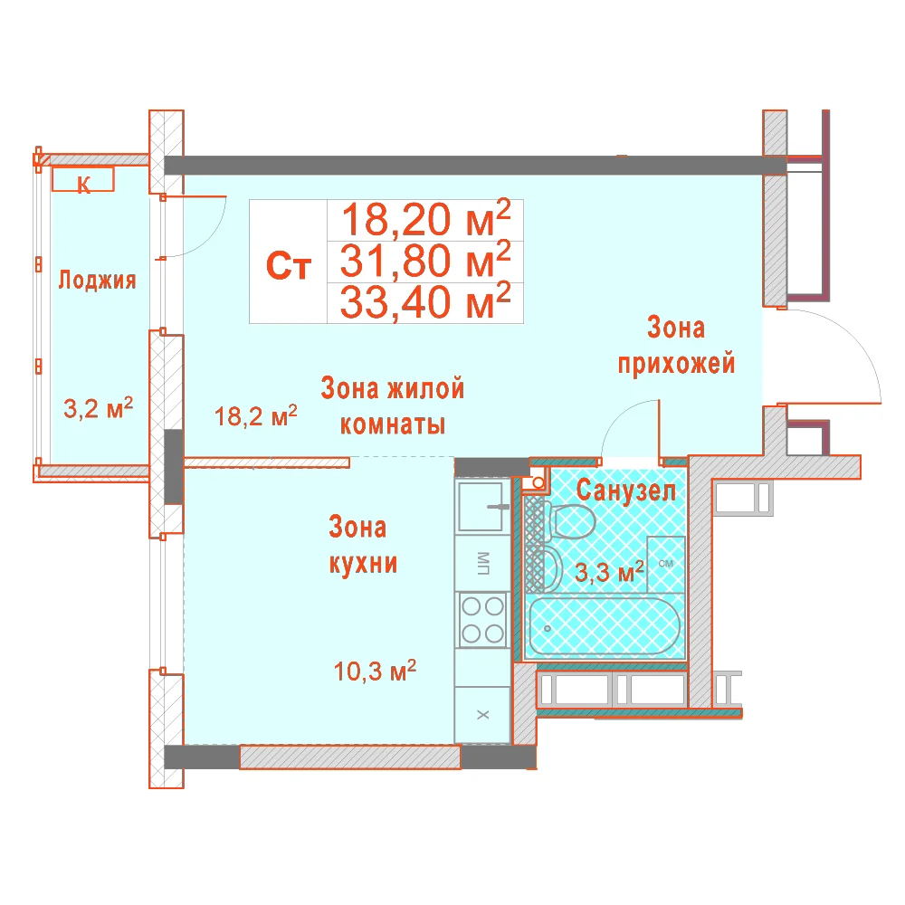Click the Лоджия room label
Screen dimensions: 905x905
pyautogui.click(x=97, y=280)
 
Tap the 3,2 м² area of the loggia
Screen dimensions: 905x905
pyautogui.click(x=98, y=408)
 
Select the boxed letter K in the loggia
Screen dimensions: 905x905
pyautogui.click(x=83, y=179)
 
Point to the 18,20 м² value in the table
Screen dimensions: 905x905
pyautogui.click(x=426, y=219)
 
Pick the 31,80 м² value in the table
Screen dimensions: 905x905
pyautogui.click(x=425, y=260)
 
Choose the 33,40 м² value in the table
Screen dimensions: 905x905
pyautogui.click(x=425, y=301)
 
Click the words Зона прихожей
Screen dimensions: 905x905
pyautogui.click(x=676, y=346)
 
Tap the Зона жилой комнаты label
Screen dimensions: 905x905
pyautogui.click(x=393, y=405)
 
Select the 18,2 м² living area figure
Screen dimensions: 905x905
pyautogui.click(x=256, y=415)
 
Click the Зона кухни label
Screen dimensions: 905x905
pyautogui.click(x=363, y=546)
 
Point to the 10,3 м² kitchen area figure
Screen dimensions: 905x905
pyautogui.click(x=375, y=671)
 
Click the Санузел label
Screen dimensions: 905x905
pyautogui.click(x=625, y=491)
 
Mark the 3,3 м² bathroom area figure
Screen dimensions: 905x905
pyautogui.click(x=609, y=571)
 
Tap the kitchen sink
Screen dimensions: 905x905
pyautogui.click(x=481, y=506)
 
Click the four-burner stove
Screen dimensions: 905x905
pyautogui.click(x=482, y=620)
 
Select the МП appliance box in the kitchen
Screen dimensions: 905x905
pyautogui.click(x=482, y=563)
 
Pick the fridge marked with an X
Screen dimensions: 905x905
pyautogui.click(x=482, y=715)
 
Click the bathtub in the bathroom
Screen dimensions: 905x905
pyautogui.click(x=605, y=627)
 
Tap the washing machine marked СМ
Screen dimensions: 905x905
pyautogui.click(x=665, y=564)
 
